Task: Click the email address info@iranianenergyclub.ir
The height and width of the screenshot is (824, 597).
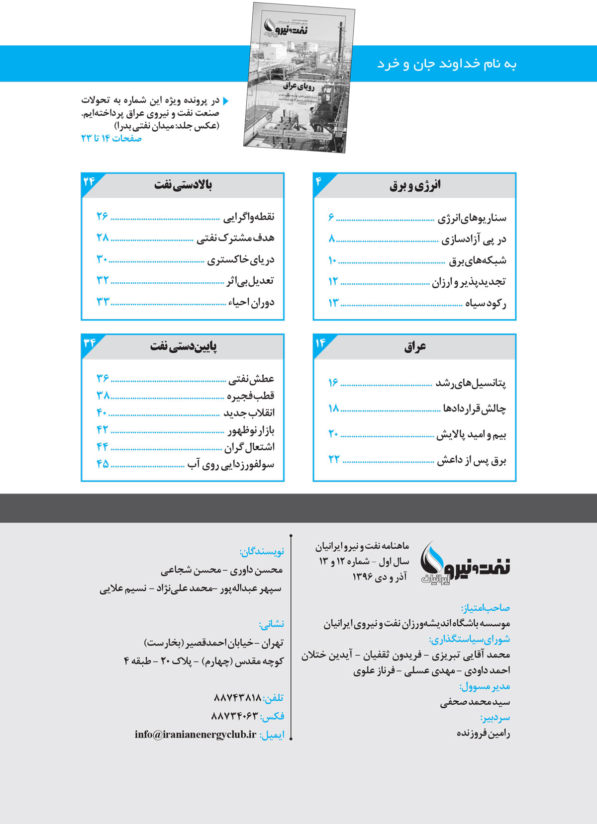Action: pyautogui.click(x=196, y=735)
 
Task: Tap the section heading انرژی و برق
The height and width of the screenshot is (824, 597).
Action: pyautogui.click(x=415, y=185)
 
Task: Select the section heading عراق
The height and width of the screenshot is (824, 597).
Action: pyautogui.click(x=415, y=346)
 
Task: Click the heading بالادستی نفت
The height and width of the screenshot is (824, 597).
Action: pyautogui.click(x=183, y=185)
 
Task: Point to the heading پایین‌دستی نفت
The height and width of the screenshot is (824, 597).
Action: pyautogui.click(x=183, y=346)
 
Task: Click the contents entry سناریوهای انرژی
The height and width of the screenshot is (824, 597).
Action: pyautogui.click(x=472, y=218)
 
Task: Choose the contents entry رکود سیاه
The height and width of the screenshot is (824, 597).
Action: pyautogui.click(x=486, y=303)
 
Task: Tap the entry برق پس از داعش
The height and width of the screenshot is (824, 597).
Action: pyautogui.click(x=471, y=460)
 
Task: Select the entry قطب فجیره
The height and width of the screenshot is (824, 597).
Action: pyautogui.click(x=251, y=396)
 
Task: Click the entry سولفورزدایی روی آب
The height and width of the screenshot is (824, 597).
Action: pyautogui.click(x=231, y=465)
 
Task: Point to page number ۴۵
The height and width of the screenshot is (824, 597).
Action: pyautogui.click(x=102, y=464)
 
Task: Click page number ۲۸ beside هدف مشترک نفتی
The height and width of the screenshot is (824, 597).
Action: pyautogui.click(x=102, y=238)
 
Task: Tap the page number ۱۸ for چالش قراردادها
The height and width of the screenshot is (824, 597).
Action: pyautogui.click(x=333, y=408)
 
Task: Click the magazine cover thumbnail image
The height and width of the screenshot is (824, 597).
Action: pyautogui.click(x=299, y=77)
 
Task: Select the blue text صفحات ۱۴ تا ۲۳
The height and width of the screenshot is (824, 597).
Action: pyautogui.click(x=111, y=139)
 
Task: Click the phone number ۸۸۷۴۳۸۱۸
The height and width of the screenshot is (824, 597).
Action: pyautogui.click(x=237, y=698)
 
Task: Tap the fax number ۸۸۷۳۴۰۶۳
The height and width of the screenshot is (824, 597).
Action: pyautogui.click(x=235, y=716)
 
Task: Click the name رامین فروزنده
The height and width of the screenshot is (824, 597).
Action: pyautogui.click(x=483, y=733)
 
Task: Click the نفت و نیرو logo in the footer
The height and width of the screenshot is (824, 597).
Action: pyautogui.click(x=465, y=564)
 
